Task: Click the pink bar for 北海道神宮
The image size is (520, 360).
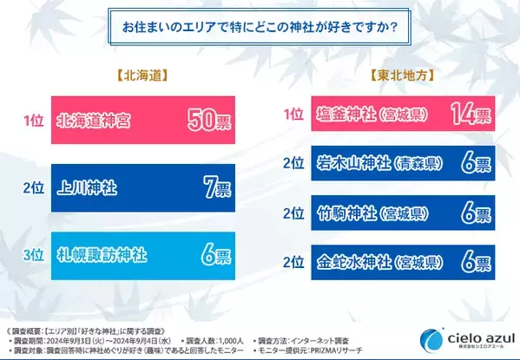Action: pyautogui.click(x=143, y=119)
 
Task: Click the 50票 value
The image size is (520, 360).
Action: pyautogui.click(x=208, y=120)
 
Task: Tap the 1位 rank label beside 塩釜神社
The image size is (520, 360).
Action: pyautogui.click(x=294, y=115)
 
